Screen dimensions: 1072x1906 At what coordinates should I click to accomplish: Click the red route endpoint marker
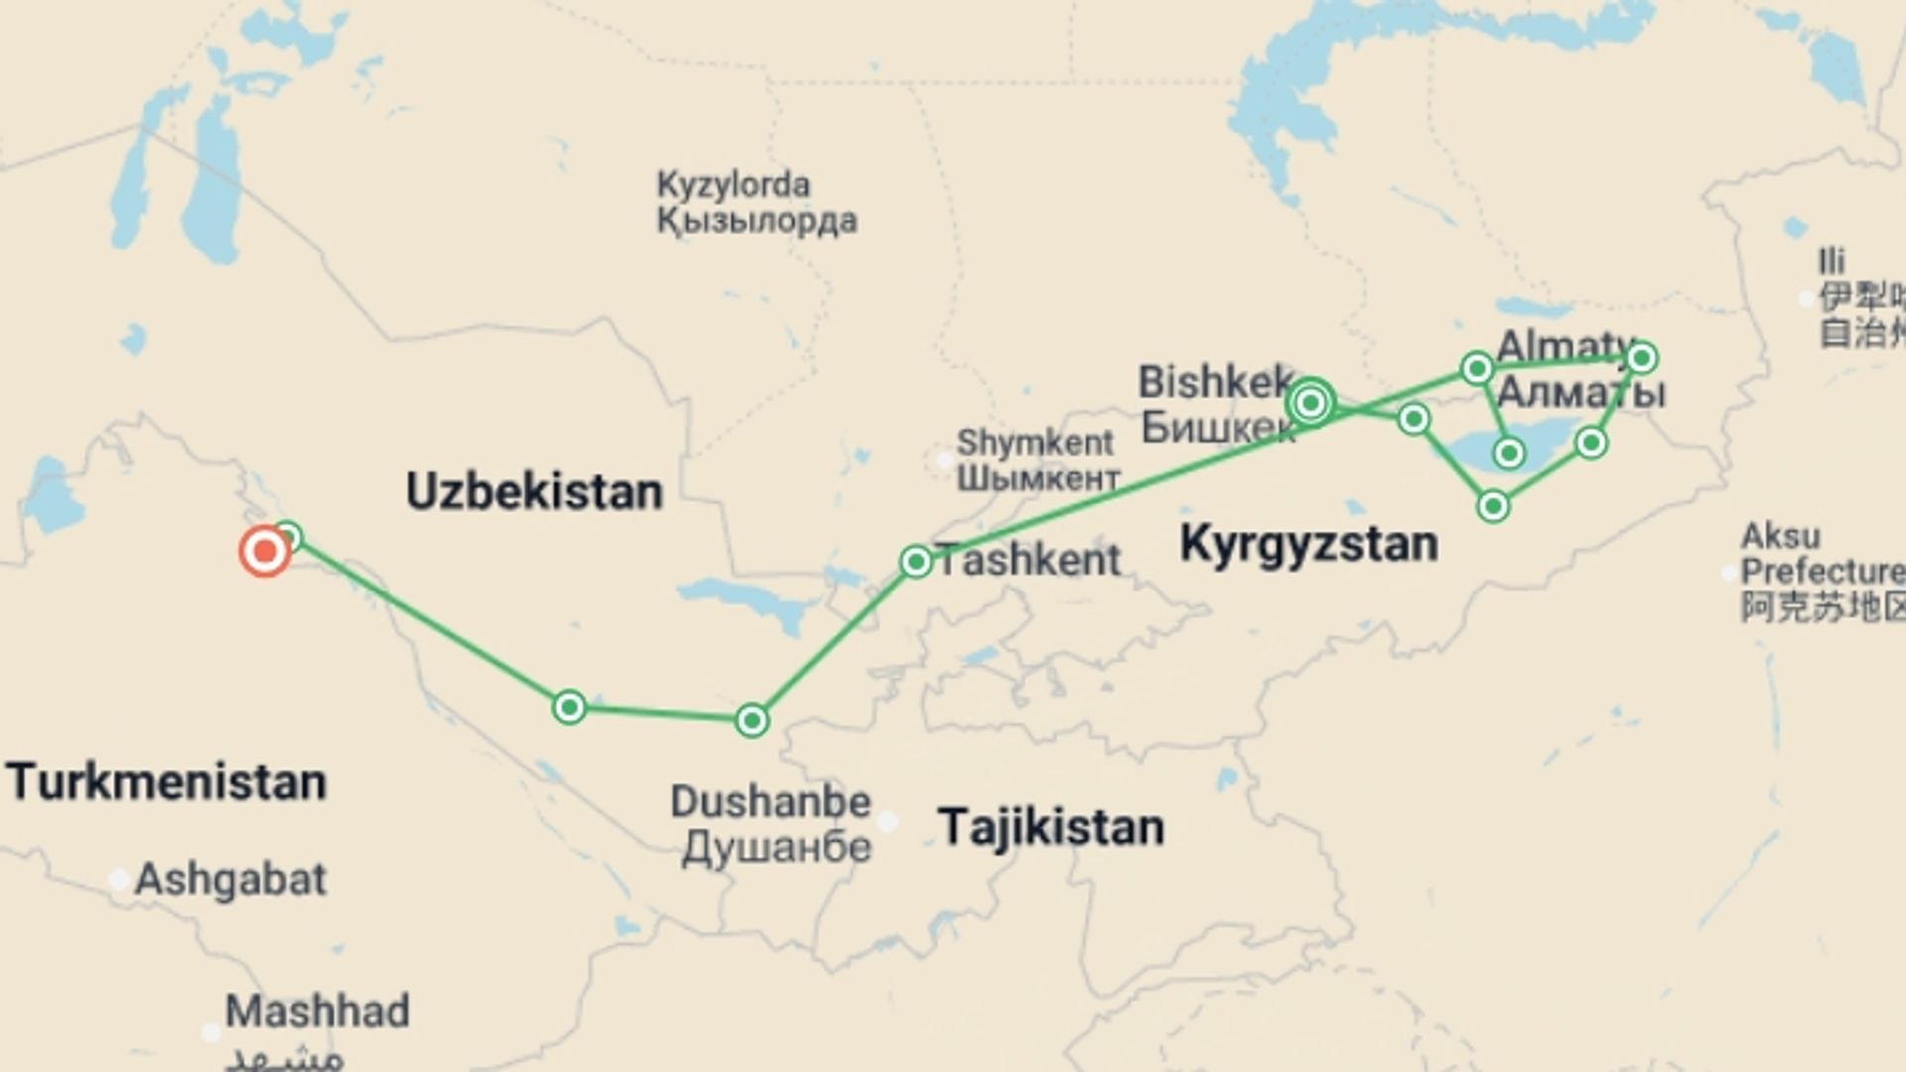click(264, 551)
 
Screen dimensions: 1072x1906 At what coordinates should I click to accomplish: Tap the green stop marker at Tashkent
click(915, 562)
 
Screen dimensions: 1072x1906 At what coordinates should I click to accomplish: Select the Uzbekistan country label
click(534, 492)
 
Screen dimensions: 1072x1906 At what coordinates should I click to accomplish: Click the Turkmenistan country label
click(167, 782)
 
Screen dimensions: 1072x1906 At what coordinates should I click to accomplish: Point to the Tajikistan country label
click(1051, 827)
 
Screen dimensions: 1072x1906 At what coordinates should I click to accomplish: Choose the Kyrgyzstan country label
click(1308, 544)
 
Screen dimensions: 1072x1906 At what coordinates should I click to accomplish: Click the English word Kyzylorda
click(733, 185)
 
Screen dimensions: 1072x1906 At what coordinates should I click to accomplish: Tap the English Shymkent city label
click(1034, 442)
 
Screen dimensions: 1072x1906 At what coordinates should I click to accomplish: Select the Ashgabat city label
click(229, 879)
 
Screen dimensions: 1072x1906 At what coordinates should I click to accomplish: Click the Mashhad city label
click(317, 1011)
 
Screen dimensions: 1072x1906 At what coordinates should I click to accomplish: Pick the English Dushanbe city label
click(770, 802)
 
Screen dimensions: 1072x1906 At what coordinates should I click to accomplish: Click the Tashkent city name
click(1028, 561)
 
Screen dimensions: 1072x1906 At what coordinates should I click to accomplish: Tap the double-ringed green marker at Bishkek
click(1310, 402)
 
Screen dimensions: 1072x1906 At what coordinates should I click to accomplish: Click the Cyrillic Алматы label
click(1580, 393)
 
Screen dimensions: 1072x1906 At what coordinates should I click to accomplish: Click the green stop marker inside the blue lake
click(1509, 454)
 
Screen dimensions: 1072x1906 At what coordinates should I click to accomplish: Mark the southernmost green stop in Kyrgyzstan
click(1493, 506)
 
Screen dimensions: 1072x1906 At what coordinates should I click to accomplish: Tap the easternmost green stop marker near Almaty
click(1641, 357)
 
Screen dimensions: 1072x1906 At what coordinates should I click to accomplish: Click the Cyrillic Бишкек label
click(1217, 428)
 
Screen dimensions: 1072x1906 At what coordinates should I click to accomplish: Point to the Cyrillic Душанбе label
click(776, 848)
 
